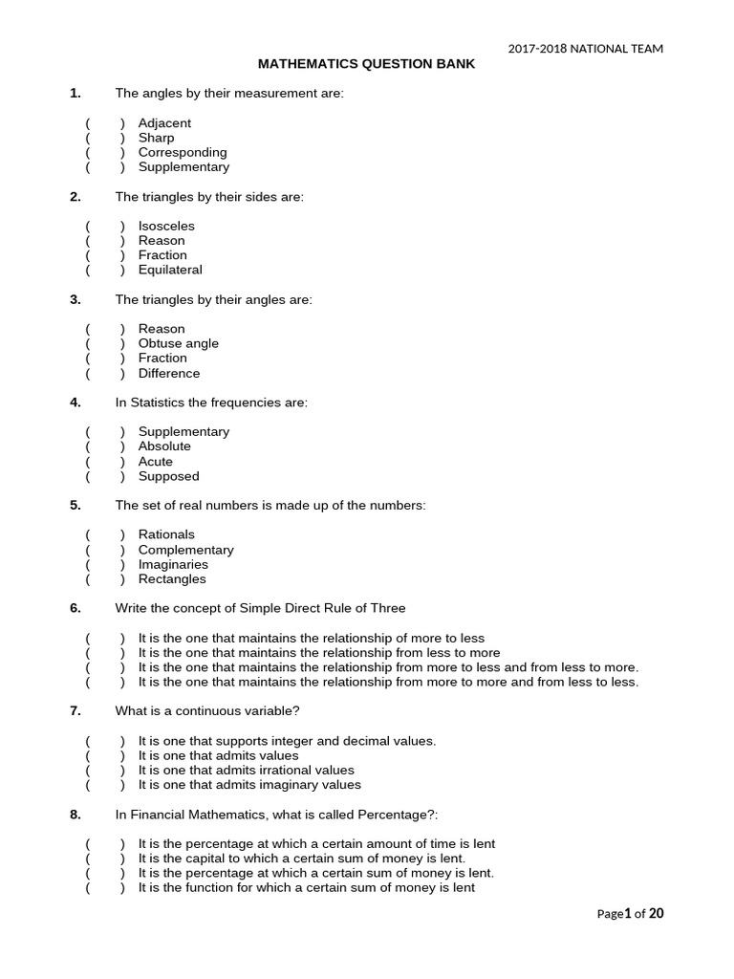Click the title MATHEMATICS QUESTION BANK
[x=366, y=64]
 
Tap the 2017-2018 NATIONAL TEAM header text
[x=585, y=49]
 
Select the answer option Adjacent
[x=164, y=123]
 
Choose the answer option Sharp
[x=156, y=138]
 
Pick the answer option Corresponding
[x=183, y=152]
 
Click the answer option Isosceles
[x=166, y=226]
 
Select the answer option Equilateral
[x=170, y=270]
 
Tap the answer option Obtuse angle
[x=179, y=343]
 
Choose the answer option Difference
[x=169, y=373]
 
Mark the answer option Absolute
[x=164, y=446]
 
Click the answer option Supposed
[x=169, y=476]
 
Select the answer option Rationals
[x=166, y=534]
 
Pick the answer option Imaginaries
[x=173, y=564]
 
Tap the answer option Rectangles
[x=172, y=578]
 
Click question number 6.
[x=75, y=608]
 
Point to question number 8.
[x=75, y=815]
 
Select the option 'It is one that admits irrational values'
[x=247, y=770]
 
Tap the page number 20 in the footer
[x=656, y=913]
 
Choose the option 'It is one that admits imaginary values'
[x=249, y=785]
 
